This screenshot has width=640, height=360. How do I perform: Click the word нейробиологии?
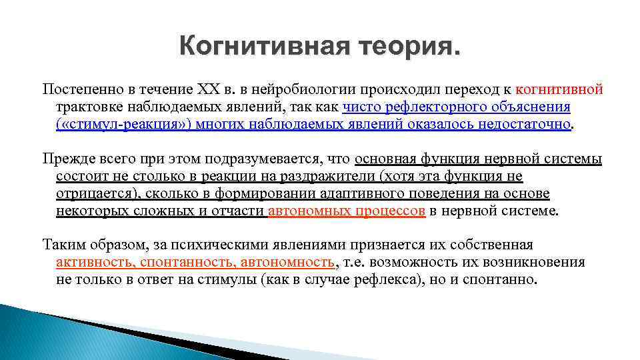(x=310, y=89)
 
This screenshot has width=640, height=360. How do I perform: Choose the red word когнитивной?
(x=559, y=89)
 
